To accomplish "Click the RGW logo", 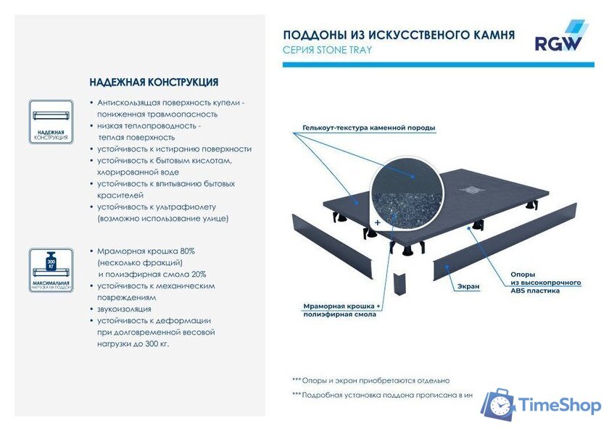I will [x=558, y=38].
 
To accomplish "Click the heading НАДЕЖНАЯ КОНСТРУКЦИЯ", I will [x=154, y=83].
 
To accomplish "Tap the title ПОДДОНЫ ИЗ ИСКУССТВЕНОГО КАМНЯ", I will [x=399, y=34].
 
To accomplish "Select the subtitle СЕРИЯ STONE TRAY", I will [x=327, y=50].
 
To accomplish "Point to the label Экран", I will [x=468, y=286].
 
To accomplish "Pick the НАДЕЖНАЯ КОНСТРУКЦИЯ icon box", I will [x=51, y=121].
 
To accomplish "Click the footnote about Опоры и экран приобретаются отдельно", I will [x=370, y=380].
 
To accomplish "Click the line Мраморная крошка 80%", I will [x=146, y=251].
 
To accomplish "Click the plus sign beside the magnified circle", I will [x=377, y=222].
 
